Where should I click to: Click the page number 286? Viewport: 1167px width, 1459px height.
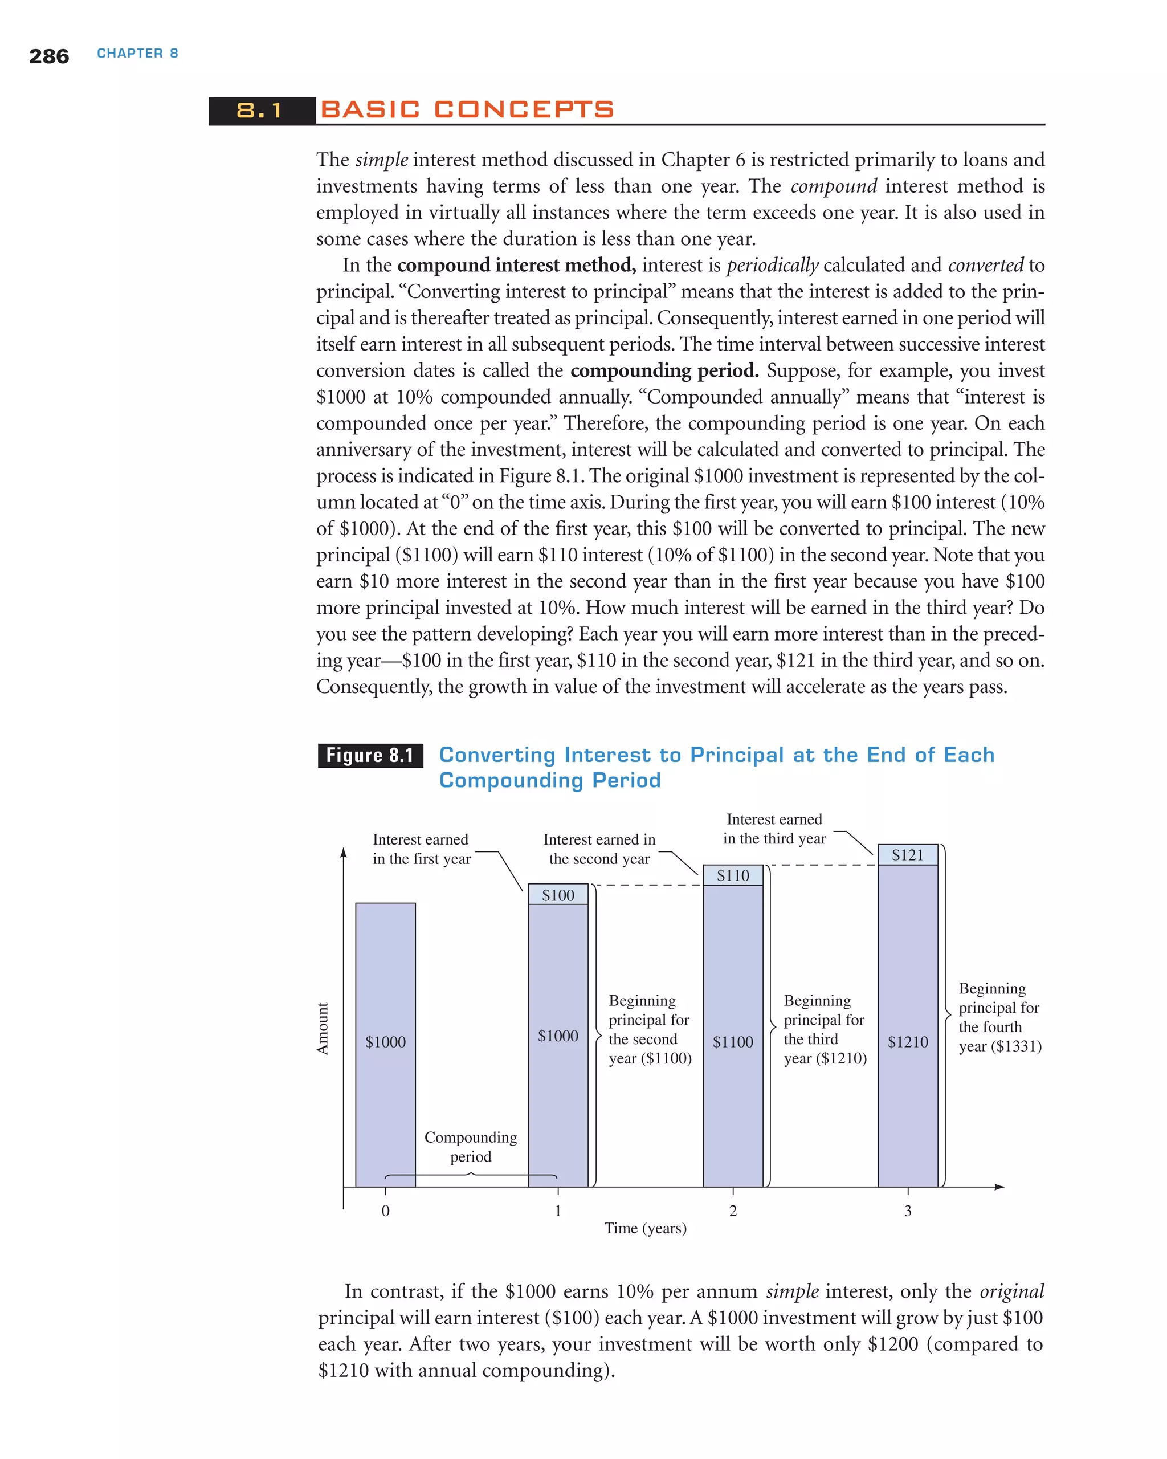48,56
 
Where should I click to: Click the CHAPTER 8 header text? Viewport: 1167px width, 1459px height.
137,54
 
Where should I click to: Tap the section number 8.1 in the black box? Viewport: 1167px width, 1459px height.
260,111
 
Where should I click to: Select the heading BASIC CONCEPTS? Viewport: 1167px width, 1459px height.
467,109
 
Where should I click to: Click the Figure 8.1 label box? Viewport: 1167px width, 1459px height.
370,755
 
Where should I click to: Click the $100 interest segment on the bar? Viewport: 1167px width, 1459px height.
557,895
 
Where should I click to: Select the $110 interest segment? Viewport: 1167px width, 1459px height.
733,875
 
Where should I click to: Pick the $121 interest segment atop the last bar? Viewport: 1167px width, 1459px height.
907,855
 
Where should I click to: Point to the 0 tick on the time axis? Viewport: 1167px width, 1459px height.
386,1211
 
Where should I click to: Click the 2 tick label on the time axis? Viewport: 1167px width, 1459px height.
733,1211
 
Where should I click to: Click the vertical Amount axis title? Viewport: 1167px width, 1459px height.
323,1028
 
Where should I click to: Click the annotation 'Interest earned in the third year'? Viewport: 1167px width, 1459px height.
774,829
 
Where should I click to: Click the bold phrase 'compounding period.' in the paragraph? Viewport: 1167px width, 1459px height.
664,371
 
